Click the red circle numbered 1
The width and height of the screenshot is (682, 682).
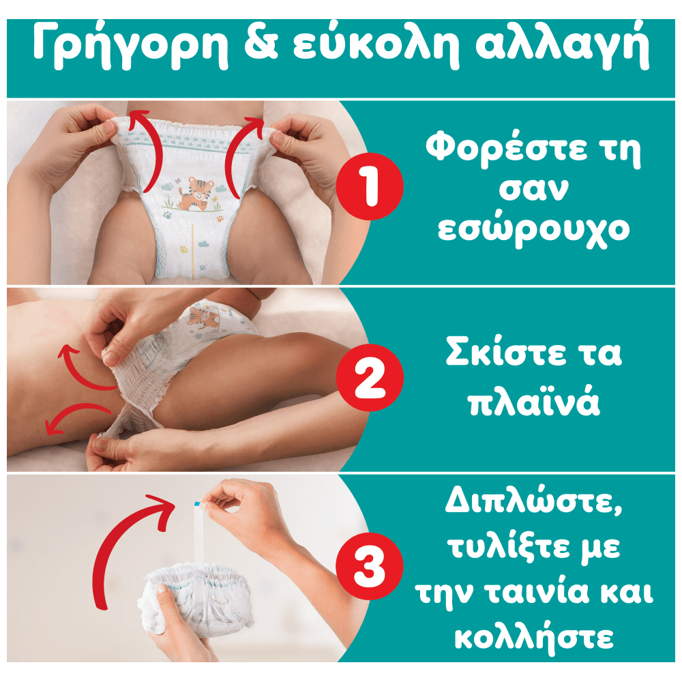pyautogui.click(x=370, y=186)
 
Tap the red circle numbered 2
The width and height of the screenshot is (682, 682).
pyautogui.click(x=370, y=377)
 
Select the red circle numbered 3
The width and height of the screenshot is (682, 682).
pyautogui.click(x=370, y=566)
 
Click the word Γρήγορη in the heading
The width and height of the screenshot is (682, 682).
pyautogui.click(x=130, y=45)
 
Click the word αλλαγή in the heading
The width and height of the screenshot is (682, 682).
pyautogui.click(x=563, y=45)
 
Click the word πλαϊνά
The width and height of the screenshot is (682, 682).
pyautogui.click(x=534, y=400)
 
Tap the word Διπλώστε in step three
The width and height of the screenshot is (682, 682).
pyautogui.click(x=534, y=500)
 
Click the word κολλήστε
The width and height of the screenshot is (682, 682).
pyautogui.click(x=534, y=638)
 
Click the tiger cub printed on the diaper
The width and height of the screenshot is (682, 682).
pyautogui.click(x=196, y=194)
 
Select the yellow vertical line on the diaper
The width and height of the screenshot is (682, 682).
pyautogui.click(x=193, y=252)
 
